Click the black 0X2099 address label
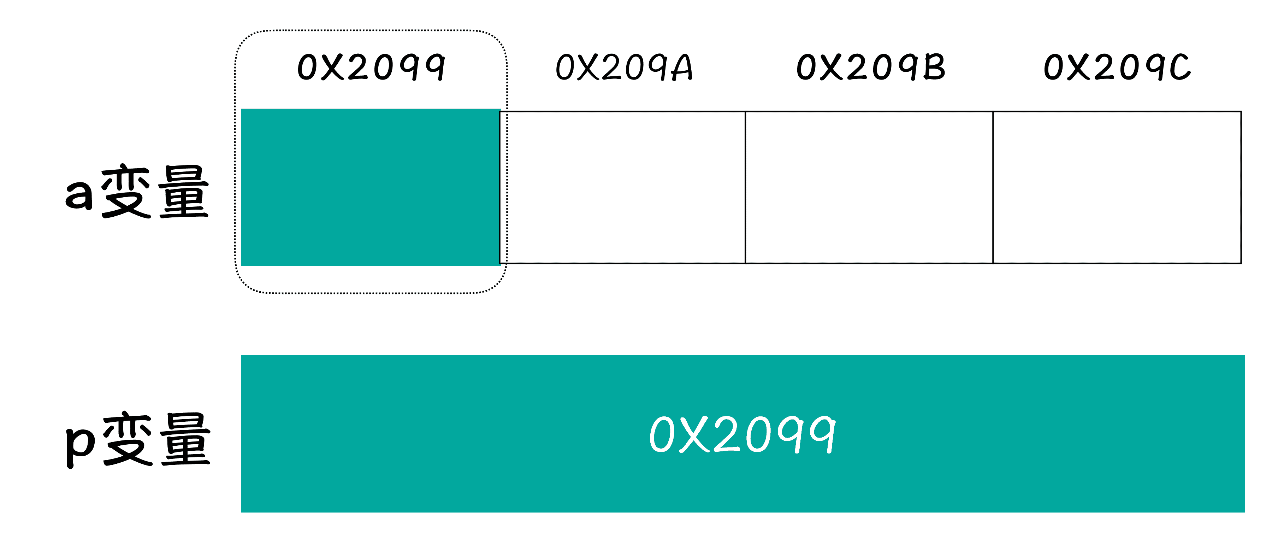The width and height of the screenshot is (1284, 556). tap(371, 67)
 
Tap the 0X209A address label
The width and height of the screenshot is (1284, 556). tap(624, 67)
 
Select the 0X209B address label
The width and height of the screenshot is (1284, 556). tap(870, 67)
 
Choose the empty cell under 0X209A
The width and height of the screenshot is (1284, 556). tap(622, 187)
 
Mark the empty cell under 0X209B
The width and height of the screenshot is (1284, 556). tap(869, 187)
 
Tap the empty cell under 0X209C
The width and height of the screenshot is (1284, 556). tap(1117, 187)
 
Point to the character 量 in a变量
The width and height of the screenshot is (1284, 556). tap(183, 192)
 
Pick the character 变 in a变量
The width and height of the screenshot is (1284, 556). tap(126, 192)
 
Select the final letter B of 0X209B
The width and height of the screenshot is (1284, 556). tap(934, 67)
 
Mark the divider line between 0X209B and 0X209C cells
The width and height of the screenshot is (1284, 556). tap(993, 187)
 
